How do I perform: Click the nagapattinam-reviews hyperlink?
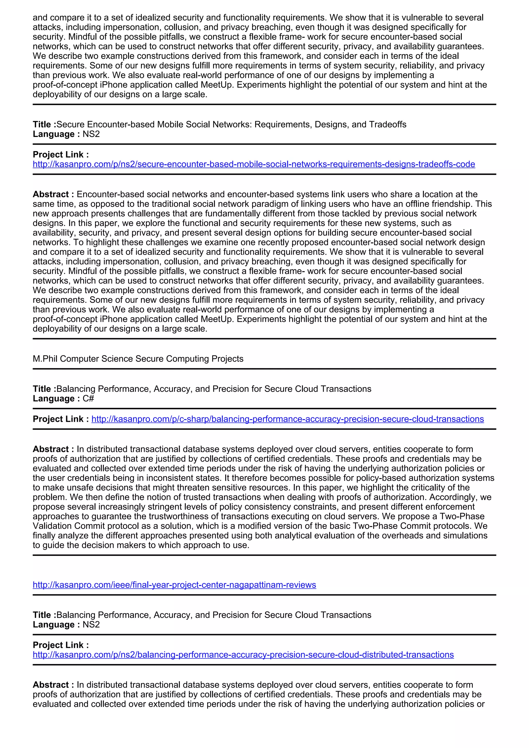click(174, 585)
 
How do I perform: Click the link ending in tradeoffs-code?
click(254, 164)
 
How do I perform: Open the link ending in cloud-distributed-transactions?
click(243, 655)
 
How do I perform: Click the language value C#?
click(88, 399)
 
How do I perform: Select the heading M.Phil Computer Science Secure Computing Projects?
click(138, 359)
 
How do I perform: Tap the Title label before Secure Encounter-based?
click(44, 124)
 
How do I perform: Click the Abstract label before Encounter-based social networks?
click(53, 194)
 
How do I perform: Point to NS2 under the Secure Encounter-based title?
click(91, 134)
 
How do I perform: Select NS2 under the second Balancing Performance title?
click(91, 625)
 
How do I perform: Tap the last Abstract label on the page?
click(53, 685)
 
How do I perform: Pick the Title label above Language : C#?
click(44, 389)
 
